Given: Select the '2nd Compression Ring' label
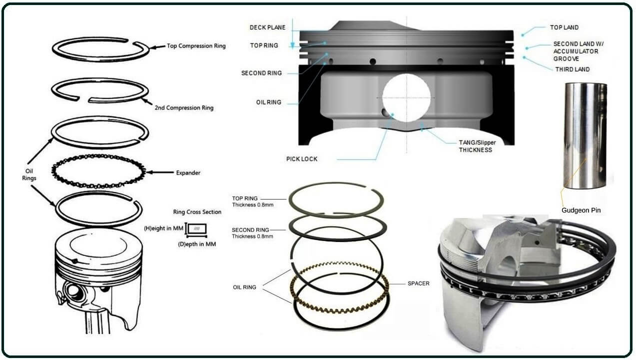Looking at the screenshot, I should click(x=184, y=107).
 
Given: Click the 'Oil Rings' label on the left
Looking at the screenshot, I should click(x=29, y=174).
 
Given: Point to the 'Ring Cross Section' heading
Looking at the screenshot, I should click(x=197, y=212).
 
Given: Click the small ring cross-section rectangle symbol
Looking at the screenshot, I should click(x=198, y=229).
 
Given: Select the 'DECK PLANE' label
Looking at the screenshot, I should click(x=267, y=27).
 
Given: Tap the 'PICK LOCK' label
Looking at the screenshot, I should click(x=302, y=159).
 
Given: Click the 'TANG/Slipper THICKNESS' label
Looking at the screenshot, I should click(x=475, y=146).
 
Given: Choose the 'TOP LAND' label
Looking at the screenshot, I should click(x=564, y=28).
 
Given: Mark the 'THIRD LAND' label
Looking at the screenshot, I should click(x=572, y=69).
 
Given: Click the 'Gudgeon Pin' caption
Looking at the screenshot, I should click(x=581, y=210).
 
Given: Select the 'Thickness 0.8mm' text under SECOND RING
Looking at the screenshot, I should click(x=252, y=236).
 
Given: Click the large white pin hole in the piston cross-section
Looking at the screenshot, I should click(x=406, y=98).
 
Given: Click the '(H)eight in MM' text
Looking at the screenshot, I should click(x=164, y=228).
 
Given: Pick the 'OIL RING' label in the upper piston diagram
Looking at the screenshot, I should click(x=268, y=102).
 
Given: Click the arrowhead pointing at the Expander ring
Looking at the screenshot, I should click(x=149, y=173).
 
